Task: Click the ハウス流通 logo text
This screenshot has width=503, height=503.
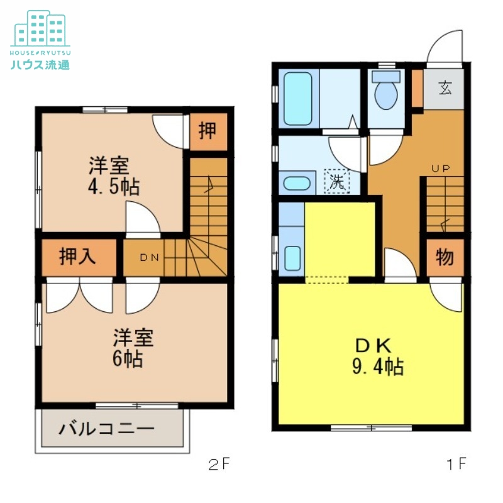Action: coord(40,64)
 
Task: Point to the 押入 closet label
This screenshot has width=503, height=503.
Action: coord(79,257)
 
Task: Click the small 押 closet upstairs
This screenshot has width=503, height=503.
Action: coord(207,131)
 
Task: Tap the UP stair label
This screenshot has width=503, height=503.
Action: coord(440,169)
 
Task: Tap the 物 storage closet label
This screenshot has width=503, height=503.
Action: coord(445,257)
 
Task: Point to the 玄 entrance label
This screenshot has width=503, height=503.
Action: coord(445,88)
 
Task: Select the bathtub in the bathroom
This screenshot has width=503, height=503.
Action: coord(298,99)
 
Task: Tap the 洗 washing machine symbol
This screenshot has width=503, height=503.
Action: coord(338,182)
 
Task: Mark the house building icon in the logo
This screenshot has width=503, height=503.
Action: coord(40,28)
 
